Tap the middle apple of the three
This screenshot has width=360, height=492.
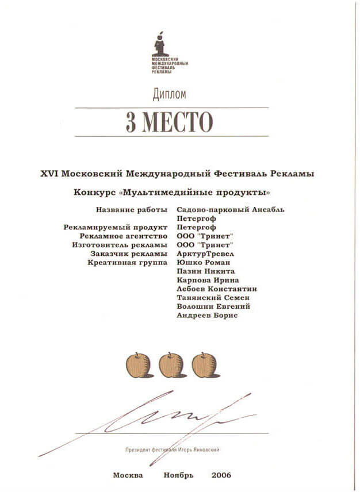coord(171,365)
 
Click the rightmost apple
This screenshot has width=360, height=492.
coord(204,365)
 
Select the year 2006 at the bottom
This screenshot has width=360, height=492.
coord(221,475)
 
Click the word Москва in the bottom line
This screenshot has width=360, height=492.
coord(129,475)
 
